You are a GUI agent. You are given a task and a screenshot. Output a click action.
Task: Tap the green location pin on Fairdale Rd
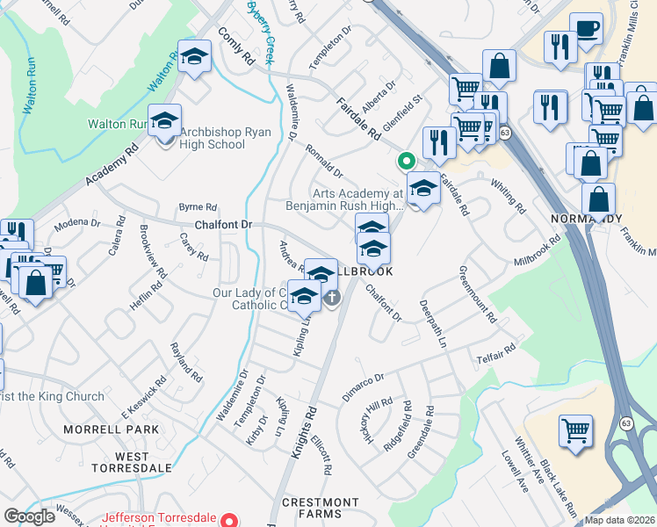point(406,161)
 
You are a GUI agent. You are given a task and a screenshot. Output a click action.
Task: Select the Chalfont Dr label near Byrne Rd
point(223,225)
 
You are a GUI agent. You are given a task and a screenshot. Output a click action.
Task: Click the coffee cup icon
point(586,29)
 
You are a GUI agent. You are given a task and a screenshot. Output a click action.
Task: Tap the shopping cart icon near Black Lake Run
point(576,431)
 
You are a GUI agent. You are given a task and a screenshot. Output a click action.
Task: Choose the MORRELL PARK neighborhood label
point(111,430)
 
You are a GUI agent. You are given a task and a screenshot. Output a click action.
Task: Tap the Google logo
point(30,516)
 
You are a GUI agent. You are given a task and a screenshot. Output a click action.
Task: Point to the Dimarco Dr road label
point(363,384)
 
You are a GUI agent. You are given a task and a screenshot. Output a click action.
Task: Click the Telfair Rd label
point(497,352)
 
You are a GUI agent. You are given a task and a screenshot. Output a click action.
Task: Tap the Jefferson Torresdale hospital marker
point(231,519)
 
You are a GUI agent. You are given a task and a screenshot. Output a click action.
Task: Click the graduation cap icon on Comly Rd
point(195,58)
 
